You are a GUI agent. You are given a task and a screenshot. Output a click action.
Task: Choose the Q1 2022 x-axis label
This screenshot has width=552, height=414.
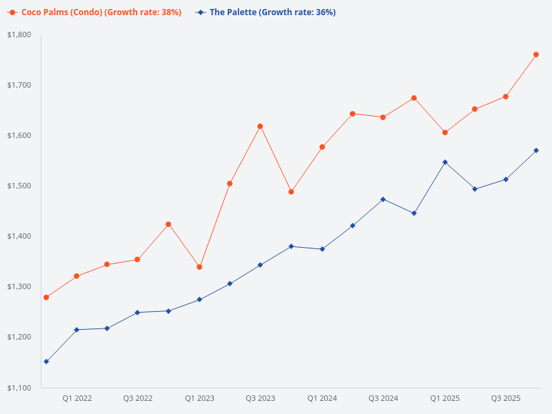(x=77, y=398)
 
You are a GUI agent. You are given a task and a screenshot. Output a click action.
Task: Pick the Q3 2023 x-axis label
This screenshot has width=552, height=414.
(x=260, y=398)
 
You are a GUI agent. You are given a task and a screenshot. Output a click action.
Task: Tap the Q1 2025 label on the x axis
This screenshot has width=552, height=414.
(x=445, y=398)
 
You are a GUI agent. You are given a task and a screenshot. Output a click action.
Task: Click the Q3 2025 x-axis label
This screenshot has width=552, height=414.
(x=506, y=398)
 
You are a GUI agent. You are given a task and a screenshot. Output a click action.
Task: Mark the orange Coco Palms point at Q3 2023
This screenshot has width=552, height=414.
(x=260, y=126)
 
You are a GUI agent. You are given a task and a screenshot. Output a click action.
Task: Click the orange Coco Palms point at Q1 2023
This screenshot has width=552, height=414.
(x=199, y=267)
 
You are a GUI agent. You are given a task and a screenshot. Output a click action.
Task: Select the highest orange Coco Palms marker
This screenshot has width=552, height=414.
(x=536, y=55)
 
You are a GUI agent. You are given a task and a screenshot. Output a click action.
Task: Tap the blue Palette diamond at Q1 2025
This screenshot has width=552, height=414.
(x=445, y=162)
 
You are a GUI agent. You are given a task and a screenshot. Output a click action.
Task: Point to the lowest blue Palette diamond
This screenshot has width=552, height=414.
(x=46, y=362)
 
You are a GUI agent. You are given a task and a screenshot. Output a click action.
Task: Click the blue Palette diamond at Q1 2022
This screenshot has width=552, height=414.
(x=77, y=330)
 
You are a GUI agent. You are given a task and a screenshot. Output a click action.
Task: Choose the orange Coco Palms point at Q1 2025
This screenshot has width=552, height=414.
(x=445, y=132)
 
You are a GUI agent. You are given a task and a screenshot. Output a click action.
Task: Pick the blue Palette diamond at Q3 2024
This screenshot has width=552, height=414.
(x=384, y=199)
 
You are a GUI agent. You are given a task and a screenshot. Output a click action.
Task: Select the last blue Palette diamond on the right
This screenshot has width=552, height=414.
(x=536, y=150)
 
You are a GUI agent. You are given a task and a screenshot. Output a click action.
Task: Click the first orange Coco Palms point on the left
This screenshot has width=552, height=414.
(x=46, y=297)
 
